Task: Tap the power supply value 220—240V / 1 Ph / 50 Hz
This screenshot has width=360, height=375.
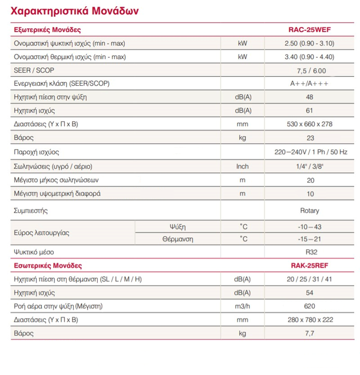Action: click(x=311, y=152)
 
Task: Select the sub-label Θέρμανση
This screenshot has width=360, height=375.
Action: click(x=178, y=239)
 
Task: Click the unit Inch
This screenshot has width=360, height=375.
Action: click(x=242, y=166)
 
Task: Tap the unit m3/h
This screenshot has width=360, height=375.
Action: click(x=242, y=306)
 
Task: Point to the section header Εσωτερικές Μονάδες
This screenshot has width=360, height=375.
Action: click(x=48, y=265)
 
